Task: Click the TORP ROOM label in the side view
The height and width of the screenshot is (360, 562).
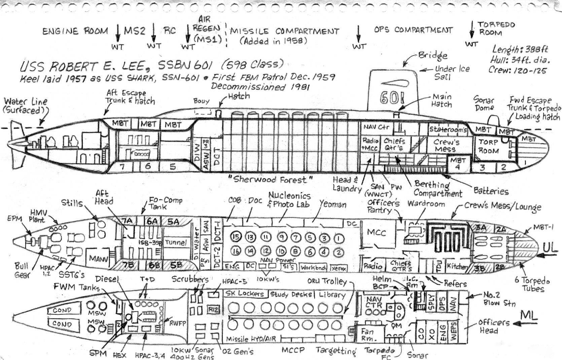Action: coord(489,146)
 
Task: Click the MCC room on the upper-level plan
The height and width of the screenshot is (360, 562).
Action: coord(376,232)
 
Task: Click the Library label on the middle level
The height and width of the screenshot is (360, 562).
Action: coord(332,295)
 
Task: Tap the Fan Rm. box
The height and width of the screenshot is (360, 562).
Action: coord(367,334)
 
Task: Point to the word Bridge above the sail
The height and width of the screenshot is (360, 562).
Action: coord(433,56)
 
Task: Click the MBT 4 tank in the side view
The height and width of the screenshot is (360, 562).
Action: coord(458,164)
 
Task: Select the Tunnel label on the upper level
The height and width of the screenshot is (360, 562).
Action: coord(176,242)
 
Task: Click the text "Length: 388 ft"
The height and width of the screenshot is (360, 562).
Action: coord(520,49)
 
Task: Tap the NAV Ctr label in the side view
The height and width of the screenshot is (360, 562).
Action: coord(376,127)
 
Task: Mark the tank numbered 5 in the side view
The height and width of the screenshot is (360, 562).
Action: coord(173,167)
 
